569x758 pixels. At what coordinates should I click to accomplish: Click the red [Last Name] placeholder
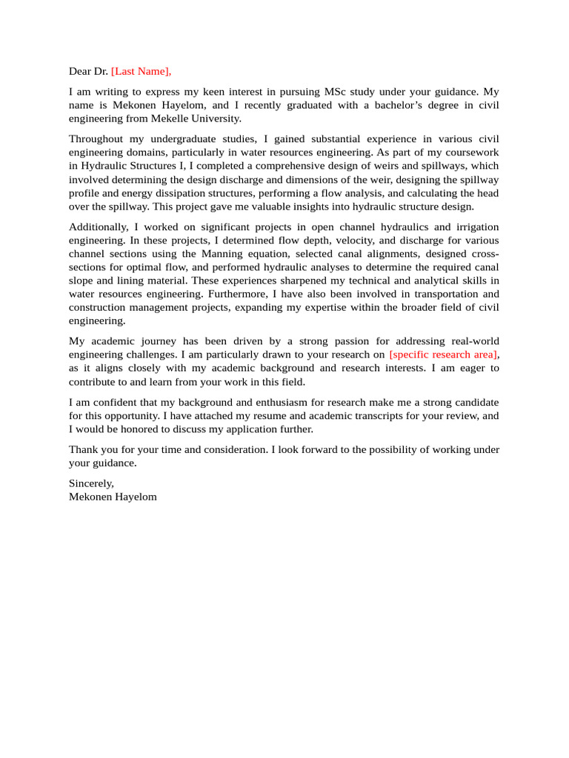[141, 71]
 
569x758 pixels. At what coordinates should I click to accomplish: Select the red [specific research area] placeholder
[443, 355]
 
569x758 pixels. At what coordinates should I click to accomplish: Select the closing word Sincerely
[91, 483]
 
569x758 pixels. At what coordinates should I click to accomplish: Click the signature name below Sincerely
[113, 497]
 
